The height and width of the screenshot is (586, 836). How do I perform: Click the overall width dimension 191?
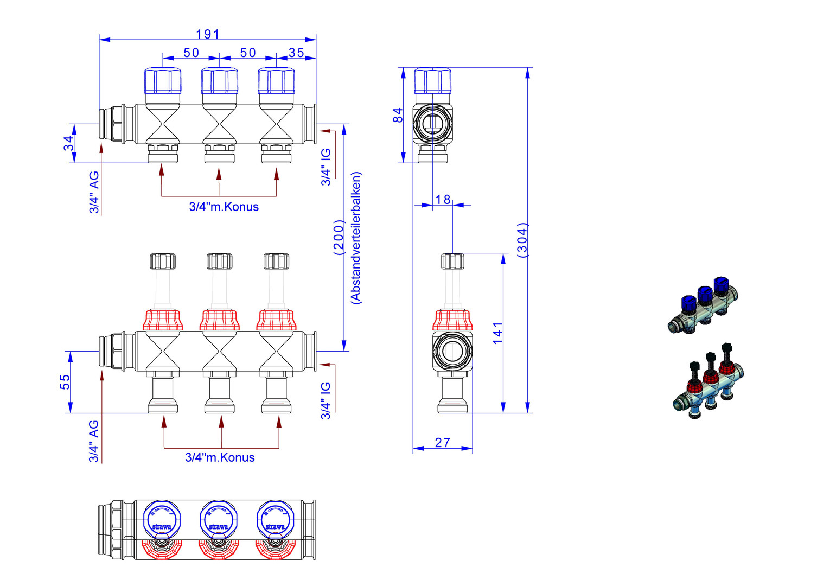[208, 34]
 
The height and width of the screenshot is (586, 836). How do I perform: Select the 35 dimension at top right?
[296, 53]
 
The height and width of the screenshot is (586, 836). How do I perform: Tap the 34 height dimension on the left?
[68, 143]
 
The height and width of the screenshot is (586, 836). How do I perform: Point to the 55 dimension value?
[65, 382]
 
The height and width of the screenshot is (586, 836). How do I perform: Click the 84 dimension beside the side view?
[398, 115]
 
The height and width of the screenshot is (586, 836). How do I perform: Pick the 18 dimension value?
[443, 200]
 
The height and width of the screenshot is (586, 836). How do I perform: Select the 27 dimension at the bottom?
[443, 443]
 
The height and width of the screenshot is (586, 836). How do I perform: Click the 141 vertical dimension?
[498, 333]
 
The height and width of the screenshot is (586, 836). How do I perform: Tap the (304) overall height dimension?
[522, 239]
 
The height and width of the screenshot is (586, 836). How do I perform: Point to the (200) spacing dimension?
[339, 237]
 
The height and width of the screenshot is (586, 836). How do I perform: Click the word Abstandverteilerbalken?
[356, 238]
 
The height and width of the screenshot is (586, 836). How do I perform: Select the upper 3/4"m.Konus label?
[224, 207]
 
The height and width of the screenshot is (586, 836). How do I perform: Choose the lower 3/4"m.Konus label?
[220, 457]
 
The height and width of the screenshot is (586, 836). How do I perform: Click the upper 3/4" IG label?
[326, 168]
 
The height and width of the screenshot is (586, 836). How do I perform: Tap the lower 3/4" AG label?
[94, 441]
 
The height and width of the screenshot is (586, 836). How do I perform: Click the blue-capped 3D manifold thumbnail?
[704, 305]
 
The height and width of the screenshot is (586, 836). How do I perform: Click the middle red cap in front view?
[220, 320]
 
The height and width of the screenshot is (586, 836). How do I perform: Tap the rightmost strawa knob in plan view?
[275, 518]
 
